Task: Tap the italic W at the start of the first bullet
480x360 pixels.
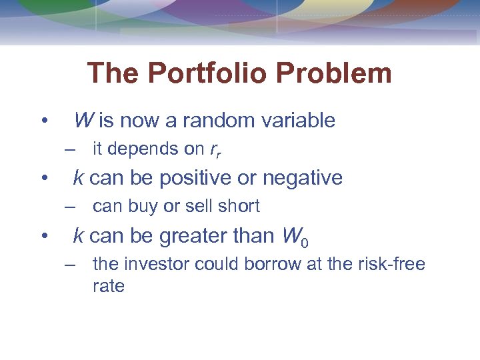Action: point(83,121)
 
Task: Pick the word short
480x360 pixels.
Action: point(238,207)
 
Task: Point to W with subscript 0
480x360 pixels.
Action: point(293,236)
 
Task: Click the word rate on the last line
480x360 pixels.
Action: point(109,287)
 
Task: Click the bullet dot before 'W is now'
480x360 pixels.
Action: point(43,121)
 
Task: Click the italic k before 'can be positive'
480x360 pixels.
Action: point(78,178)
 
